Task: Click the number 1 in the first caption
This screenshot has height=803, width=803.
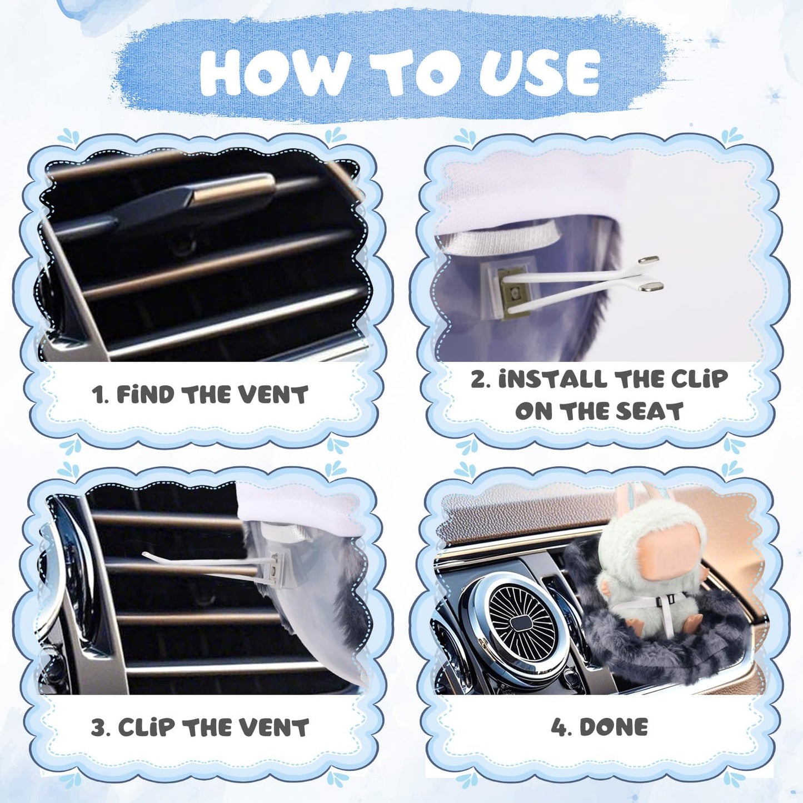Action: point(97,395)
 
